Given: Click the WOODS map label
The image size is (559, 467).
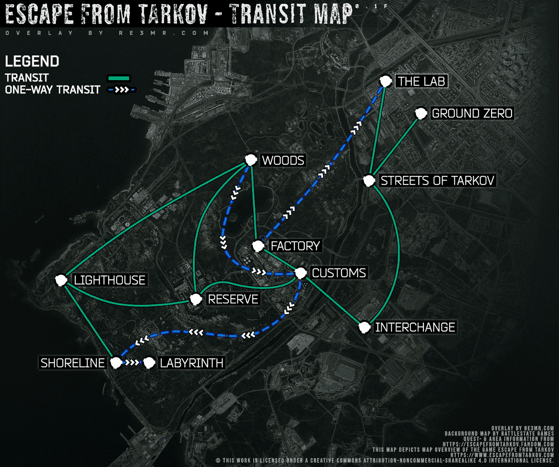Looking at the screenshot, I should [x=283, y=161].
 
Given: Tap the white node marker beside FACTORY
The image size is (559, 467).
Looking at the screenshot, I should [x=258, y=246].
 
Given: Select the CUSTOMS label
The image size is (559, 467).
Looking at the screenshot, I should [x=339, y=273].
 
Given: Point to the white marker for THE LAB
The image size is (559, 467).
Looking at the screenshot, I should [x=385, y=81].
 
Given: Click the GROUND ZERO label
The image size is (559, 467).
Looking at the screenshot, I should [x=472, y=113].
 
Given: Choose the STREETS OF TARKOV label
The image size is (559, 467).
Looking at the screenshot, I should [x=437, y=180].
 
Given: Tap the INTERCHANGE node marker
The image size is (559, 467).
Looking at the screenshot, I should [x=365, y=327].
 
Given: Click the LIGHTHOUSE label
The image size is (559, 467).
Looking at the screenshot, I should [x=110, y=280].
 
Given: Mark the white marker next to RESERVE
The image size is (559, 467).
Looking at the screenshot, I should [x=195, y=299].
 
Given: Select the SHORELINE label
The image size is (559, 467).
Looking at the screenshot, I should [x=73, y=363].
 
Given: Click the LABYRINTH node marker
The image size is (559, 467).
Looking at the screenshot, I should [x=149, y=363].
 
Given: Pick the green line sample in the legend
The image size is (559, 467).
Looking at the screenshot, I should [x=120, y=78].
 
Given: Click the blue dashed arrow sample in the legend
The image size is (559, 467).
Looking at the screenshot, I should [x=120, y=90].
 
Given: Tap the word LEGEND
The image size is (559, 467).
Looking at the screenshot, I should [x=32, y=61].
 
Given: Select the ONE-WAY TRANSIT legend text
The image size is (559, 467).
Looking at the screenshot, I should [x=52, y=90].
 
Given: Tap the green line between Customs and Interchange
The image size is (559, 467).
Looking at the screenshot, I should [x=332, y=300].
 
